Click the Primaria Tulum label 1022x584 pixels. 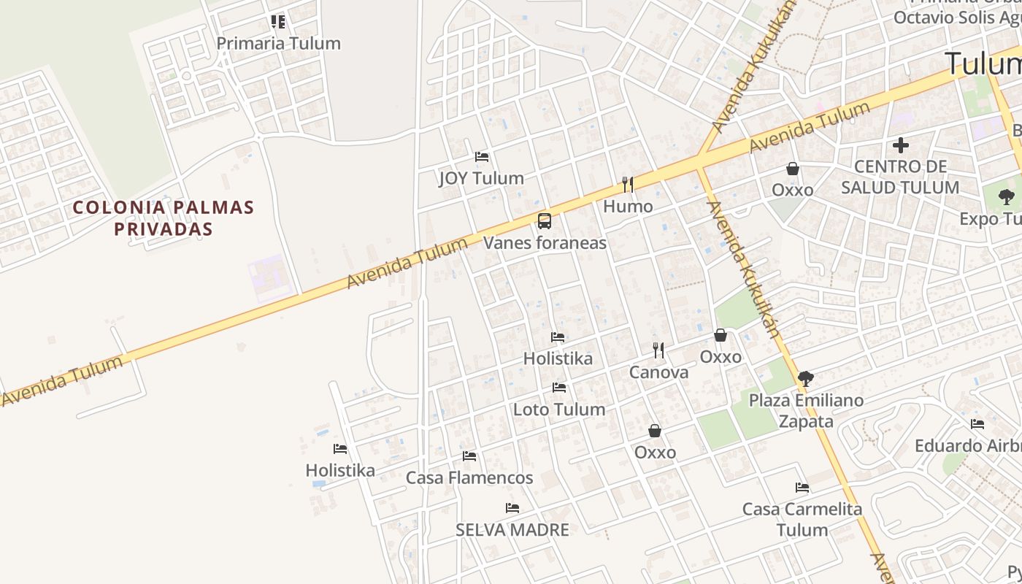[x=278, y=43]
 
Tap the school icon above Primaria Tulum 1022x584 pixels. [x=278, y=21]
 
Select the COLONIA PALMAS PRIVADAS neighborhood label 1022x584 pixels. [x=164, y=218]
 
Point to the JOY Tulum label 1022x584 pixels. [x=481, y=178]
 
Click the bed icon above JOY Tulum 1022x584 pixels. [x=482, y=156]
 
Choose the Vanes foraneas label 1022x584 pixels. [x=545, y=242]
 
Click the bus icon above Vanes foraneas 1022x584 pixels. [x=545, y=220]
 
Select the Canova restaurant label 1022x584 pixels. [x=658, y=372]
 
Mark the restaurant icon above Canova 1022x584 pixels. [x=658, y=350]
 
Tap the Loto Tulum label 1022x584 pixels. [x=559, y=410]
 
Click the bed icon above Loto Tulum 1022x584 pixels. [x=559, y=388]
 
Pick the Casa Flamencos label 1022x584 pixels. [x=469, y=478]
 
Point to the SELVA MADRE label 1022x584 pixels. [x=512, y=530]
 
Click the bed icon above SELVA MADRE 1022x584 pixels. [x=512, y=508]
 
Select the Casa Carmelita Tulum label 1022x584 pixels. [x=802, y=519]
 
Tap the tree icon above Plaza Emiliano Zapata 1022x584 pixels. [x=806, y=378]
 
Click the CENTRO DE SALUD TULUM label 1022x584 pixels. [x=900, y=177]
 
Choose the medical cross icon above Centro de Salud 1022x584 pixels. [x=901, y=145]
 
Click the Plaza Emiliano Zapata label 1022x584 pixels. [x=806, y=410]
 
